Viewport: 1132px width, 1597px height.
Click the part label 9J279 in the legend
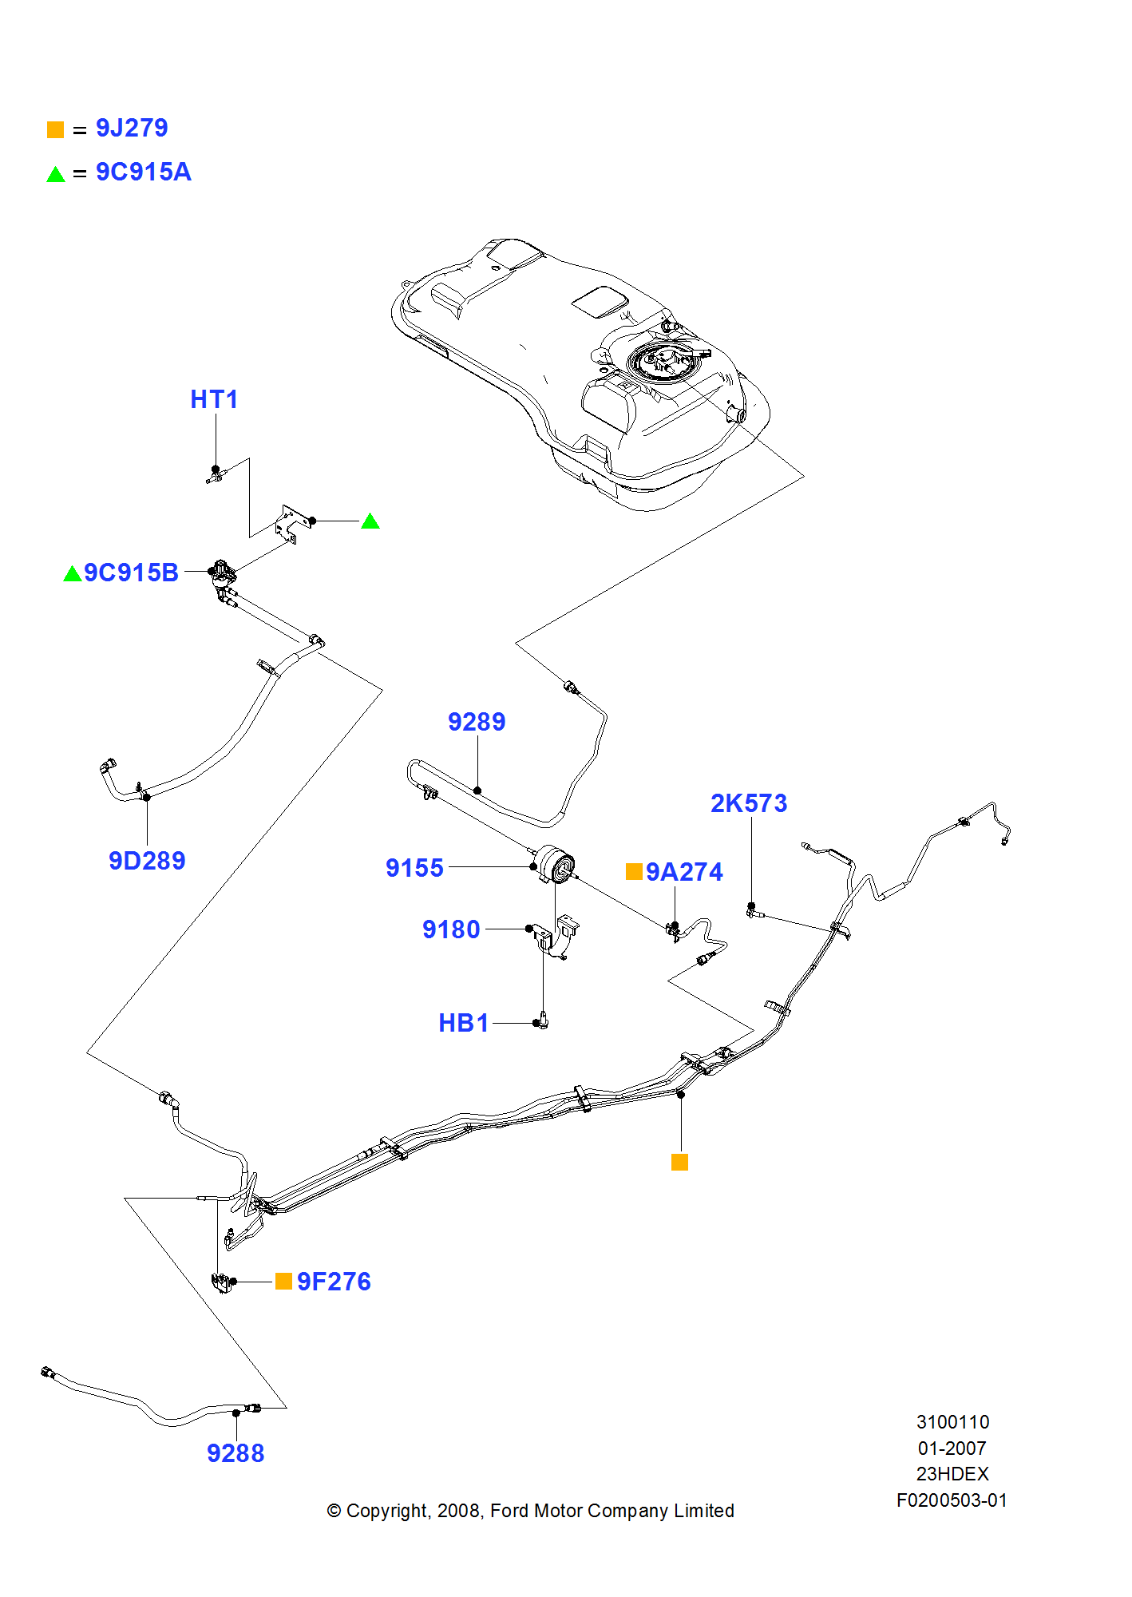click(x=132, y=129)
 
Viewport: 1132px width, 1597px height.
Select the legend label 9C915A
click(x=143, y=172)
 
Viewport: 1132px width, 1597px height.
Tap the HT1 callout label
click(x=214, y=399)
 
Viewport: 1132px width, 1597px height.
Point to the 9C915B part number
click(x=131, y=573)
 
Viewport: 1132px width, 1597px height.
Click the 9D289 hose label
click(x=147, y=861)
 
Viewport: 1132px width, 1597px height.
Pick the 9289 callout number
click(x=477, y=722)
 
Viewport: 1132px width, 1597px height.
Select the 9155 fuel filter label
click(x=414, y=868)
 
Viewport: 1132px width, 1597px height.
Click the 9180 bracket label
click(x=451, y=929)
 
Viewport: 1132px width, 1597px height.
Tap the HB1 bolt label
click(x=463, y=1023)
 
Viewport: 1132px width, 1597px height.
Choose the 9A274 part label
click(x=684, y=872)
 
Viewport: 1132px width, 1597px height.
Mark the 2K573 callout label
click(x=748, y=803)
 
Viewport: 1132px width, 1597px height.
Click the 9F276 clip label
click(x=334, y=1282)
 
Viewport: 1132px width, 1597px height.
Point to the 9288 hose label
click(x=236, y=1453)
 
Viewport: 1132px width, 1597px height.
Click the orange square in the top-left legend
click(x=55, y=129)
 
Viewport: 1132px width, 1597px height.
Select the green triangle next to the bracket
click(x=370, y=521)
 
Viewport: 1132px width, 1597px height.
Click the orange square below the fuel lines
click(x=679, y=1163)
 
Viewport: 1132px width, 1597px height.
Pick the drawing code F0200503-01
click(x=952, y=1500)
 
